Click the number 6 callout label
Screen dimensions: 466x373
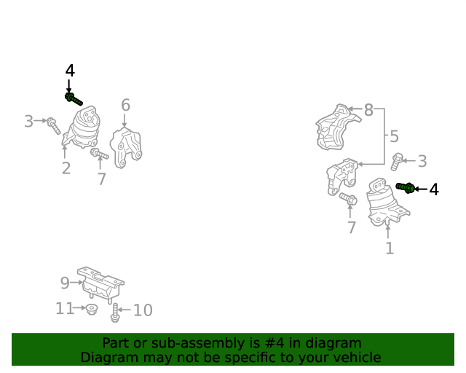pyautogui.click(x=125, y=105)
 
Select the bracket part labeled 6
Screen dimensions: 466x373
pyautogui.click(x=126, y=148)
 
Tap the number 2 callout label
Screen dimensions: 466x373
pyautogui.click(x=66, y=168)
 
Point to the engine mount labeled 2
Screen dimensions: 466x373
pyautogui.click(x=82, y=127)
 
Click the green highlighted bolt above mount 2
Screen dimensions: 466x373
pyautogui.click(x=74, y=99)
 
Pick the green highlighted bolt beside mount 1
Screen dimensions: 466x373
pyautogui.click(x=406, y=187)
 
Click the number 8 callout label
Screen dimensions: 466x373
pyautogui.click(x=368, y=110)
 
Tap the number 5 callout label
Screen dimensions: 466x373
pyautogui.click(x=394, y=136)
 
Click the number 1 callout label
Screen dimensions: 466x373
pyautogui.click(x=390, y=248)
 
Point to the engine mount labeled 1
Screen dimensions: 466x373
pyautogui.click(x=387, y=203)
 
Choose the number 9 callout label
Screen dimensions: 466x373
pyautogui.click(x=65, y=283)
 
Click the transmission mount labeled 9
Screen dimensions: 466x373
pyautogui.click(x=100, y=285)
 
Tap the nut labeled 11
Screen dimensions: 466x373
pyautogui.click(x=91, y=309)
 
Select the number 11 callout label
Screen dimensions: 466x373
pyautogui.click(x=65, y=308)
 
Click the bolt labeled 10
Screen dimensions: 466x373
pyautogui.click(x=115, y=313)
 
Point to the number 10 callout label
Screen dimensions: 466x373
pyautogui.click(x=143, y=310)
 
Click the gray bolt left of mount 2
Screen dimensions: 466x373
pyautogui.click(x=53, y=125)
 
